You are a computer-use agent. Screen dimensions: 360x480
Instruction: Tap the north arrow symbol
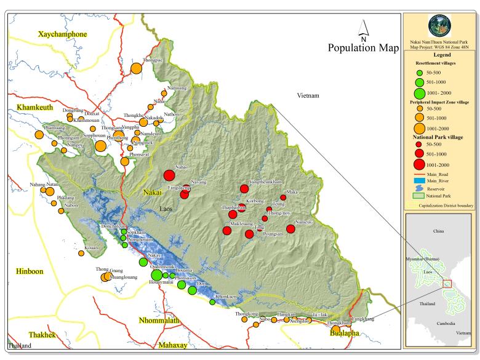(x=364, y=28)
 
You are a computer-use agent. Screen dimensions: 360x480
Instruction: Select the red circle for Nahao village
(x=169, y=175)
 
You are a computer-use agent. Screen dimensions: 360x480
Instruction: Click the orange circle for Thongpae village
(x=136, y=68)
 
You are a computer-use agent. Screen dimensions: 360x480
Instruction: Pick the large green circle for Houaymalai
(x=157, y=274)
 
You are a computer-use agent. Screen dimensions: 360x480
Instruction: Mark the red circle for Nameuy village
(x=291, y=229)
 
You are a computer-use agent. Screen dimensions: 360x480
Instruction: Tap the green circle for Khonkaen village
(x=212, y=302)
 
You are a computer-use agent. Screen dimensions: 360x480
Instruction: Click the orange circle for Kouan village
(x=81, y=253)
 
